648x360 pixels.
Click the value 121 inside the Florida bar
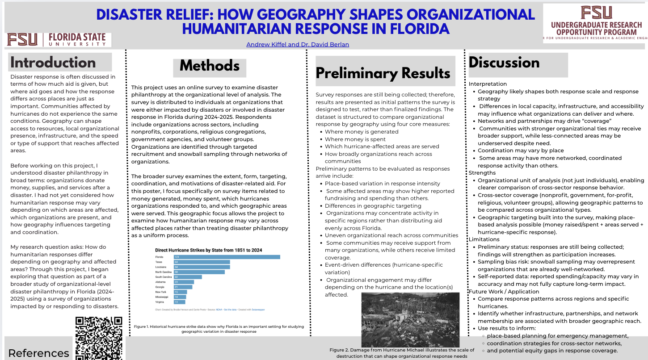coord(177,257)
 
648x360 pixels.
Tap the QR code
coord(99,338)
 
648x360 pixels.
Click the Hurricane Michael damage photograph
coord(410,319)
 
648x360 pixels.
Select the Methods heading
coord(210,66)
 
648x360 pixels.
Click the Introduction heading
coord(53,63)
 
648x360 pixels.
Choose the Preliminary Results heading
coord(383,73)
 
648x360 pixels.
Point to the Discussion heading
coord(504,63)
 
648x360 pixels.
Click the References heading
coord(38,353)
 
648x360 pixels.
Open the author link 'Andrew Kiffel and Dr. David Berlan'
coord(298,44)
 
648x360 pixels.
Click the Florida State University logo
coord(58,40)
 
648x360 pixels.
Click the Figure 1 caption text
coord(219,329)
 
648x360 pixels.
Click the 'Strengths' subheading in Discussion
coord(482,173)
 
